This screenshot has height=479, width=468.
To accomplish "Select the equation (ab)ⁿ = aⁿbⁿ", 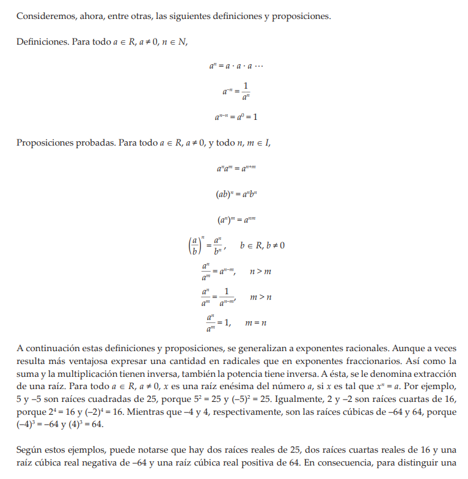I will click(236, 194).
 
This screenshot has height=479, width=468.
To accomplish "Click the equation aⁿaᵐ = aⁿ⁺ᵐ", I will click(236, 168).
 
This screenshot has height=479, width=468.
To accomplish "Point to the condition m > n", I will click(260, 297).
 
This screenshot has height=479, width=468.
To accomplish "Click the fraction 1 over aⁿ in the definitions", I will click(246, 91).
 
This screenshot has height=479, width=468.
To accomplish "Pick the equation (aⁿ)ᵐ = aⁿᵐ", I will click(236, 219).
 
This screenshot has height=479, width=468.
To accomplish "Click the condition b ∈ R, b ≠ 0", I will click(262, 245).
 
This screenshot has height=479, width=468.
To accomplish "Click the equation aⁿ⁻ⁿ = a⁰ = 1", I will click(236, 116).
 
